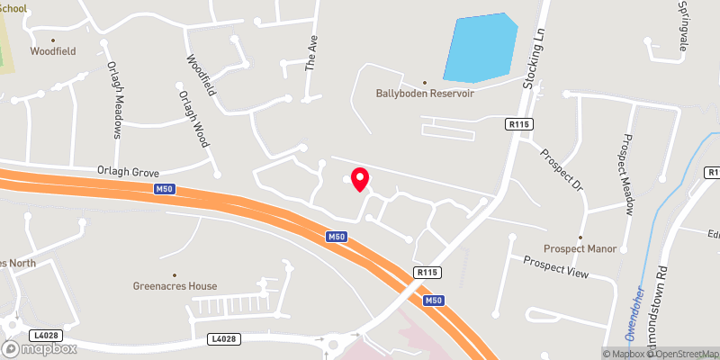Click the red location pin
(x=359, y=178)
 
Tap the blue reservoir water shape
(x=481, y=49)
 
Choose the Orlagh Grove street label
(x=128, y=169)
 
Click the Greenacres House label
(x=175, y=286)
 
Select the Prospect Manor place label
(x=582, y=247)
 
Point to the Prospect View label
(x=555, y=268)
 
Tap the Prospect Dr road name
(x=562, y=167)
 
